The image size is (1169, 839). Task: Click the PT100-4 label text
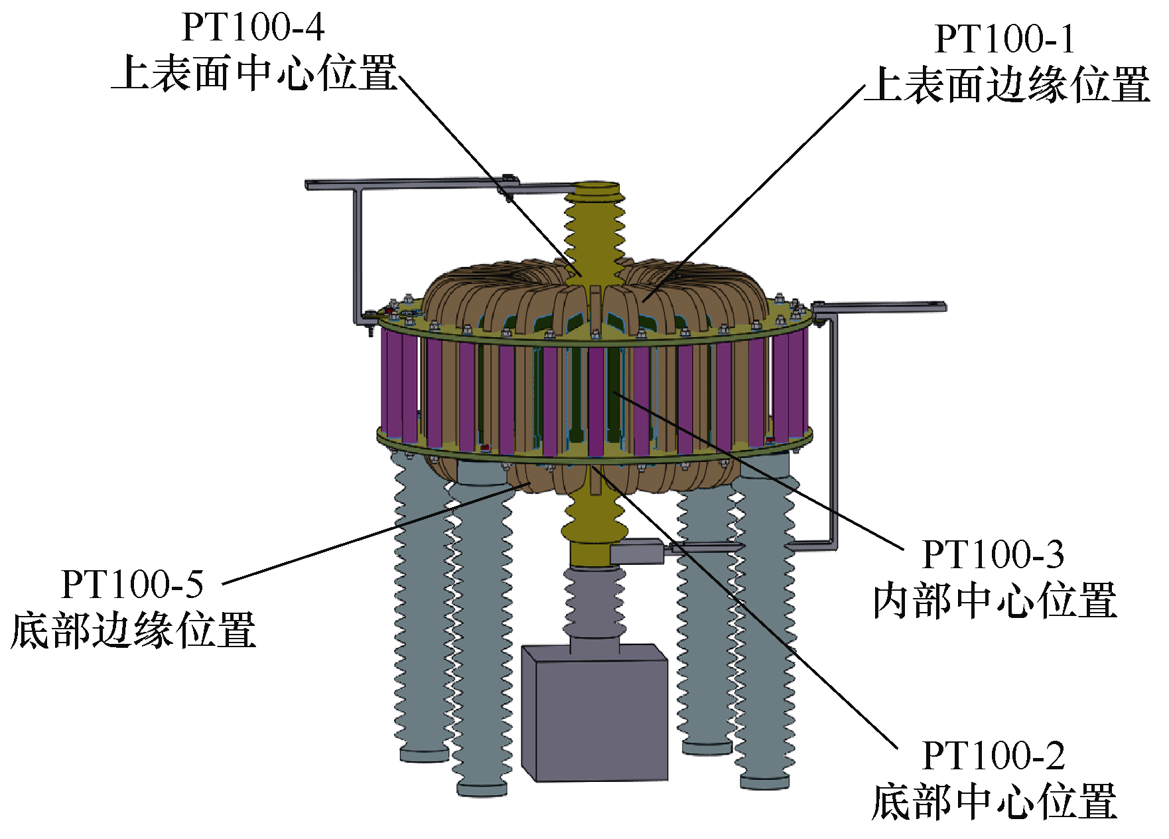point(253,28)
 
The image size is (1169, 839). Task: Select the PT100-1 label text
point(1004,39)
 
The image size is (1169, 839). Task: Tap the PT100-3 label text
point(993,554)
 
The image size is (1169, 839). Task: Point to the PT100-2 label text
point(993,755)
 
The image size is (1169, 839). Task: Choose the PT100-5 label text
point(132,584)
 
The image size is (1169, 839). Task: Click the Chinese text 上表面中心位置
point(254,73)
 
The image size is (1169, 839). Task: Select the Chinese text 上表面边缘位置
point(1008,85)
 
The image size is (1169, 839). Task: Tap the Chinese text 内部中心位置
point(994,601)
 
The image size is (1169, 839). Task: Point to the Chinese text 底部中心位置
point(994,802)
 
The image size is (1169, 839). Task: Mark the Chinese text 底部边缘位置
point(133,631)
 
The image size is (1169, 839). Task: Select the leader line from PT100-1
point(756,192)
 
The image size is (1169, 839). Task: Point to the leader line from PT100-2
point(750,611)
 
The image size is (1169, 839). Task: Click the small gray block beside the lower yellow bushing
point(636,552)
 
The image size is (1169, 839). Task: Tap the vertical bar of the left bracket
point(358,252)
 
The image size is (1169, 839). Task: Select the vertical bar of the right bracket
point(833,431)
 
